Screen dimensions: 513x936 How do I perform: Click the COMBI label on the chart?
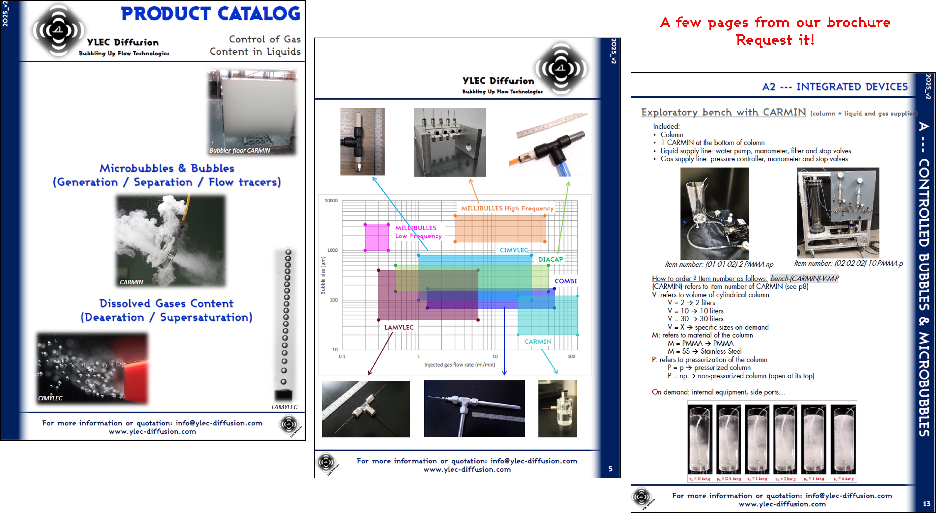coord(565,281)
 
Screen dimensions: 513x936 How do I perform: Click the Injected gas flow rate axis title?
coord(459,364)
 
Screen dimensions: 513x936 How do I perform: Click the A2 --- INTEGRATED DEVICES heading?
coord(835,87)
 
